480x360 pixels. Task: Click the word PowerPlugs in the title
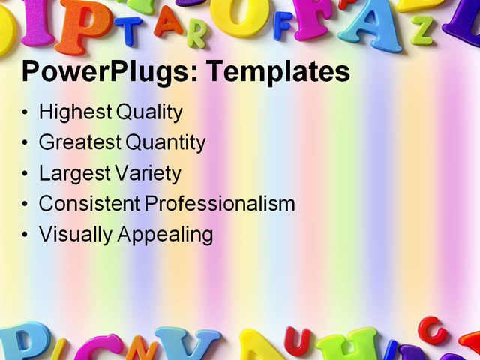[106, 72]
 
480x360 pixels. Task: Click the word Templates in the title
[277, 72]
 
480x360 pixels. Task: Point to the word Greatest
[79, 142]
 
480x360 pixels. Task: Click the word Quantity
[166, 142]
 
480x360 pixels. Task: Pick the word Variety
[148, 173]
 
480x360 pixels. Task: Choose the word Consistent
[88, 203]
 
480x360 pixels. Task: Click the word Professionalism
[220, 203]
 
